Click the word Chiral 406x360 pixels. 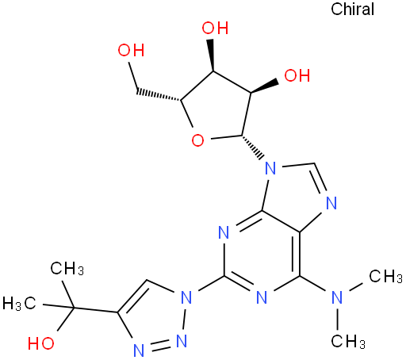[x=352, y=10]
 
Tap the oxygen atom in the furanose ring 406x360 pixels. [x=197, y=140]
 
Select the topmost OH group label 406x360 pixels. [x=215, y=28]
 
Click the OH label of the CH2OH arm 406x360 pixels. [x=131, y=50]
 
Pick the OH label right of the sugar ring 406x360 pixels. [x=297, y=75]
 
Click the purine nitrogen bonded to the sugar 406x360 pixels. [x=270, y=168]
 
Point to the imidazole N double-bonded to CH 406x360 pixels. [x=331, y=203]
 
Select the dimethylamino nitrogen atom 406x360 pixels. [x=337, y=297]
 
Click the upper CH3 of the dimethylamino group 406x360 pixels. [x=385, y=277]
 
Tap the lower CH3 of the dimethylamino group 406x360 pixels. [x=348, y=342]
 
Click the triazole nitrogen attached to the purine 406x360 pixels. [x=186, y=297]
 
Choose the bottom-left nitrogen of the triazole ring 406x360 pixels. [x=139, y=350]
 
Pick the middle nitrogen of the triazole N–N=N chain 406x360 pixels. [x=182, y=341]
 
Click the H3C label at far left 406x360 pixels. [x=19, y=303]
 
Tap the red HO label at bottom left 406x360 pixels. [x=41, y=343]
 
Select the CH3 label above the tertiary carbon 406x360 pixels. [x=67, y=269]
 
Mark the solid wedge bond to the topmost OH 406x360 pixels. [x=212, y=56]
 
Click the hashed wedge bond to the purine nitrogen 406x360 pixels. [x=253, y=147]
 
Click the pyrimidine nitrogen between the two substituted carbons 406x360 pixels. [x=262, y=297]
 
